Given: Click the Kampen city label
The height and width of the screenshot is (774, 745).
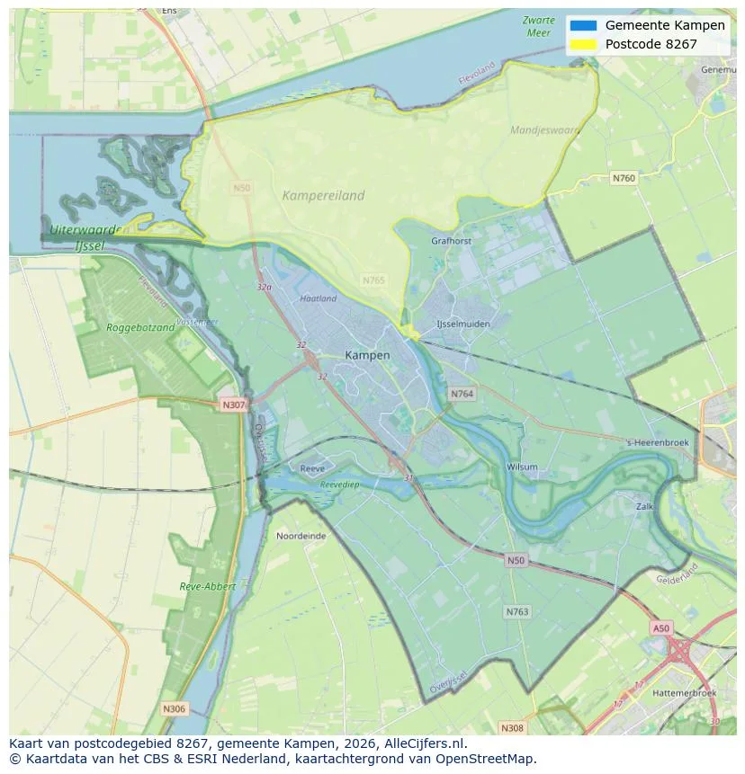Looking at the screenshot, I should tap(367, 355).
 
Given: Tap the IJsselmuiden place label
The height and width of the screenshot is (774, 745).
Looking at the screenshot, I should tap(462, 324).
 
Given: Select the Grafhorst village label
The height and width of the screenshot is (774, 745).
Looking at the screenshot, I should tap(451, 241).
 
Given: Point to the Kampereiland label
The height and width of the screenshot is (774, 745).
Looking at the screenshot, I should tap(323, 195).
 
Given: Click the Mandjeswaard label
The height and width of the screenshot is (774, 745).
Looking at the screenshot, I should tap(545, 130).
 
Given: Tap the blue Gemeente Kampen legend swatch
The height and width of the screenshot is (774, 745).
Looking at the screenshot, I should tap(583, 25).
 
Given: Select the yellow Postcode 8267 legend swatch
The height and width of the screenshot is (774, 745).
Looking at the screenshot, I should tap(583, 44).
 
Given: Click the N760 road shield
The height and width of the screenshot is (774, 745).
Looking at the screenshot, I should tap(624, 178).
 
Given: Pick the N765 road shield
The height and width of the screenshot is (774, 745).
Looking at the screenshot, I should tap(373, 280).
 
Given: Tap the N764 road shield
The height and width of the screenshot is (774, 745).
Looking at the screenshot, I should tap(462, 394).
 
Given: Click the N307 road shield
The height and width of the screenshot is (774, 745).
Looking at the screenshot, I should tap(233, 405).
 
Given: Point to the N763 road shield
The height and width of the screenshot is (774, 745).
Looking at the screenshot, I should tap(516, 611).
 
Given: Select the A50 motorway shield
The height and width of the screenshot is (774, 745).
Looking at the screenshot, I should tap(661, 627).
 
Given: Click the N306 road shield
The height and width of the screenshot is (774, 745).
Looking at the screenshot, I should tap(175, 708).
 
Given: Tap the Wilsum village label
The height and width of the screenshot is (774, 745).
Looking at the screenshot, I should tap(522, 467).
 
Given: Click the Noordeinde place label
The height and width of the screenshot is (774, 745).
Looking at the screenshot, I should tap(301, 535).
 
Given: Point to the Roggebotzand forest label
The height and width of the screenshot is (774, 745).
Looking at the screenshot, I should tap(140, 327).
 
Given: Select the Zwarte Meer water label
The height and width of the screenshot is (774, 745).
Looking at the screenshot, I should tap(537, 26).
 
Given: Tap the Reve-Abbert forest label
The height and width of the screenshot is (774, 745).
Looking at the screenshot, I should tap(208, 586).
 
